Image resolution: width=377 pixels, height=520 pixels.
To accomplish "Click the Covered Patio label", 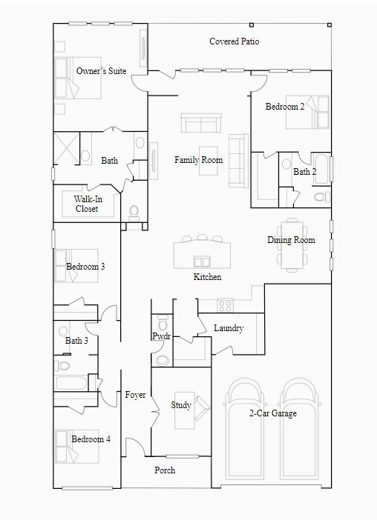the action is click(235, 41).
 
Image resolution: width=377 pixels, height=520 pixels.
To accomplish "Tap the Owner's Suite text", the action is click(102, 70).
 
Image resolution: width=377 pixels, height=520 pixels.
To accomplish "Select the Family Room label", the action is click(199, 160).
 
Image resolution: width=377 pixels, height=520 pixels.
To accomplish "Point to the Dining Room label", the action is click(292, 240).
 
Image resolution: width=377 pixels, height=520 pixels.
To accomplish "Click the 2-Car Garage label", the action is click(273, 413).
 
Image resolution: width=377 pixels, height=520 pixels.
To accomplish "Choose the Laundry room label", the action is click(229, 328).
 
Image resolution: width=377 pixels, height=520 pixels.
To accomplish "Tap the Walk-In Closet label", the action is click(88, 204).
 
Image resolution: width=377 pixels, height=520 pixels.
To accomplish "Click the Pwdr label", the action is click(162, 336).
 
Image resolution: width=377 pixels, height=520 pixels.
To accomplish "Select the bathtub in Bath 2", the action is click(321, 170).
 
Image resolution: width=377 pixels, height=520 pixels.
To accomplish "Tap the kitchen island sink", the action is click(202, 261).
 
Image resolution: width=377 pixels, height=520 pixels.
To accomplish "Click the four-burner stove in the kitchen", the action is click(225, 305).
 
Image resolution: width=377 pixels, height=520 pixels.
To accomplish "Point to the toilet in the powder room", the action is click(163, 323).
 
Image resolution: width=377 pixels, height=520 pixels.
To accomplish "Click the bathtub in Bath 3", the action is click(71, 383).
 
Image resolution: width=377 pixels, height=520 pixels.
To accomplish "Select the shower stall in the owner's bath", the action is click(67, 148).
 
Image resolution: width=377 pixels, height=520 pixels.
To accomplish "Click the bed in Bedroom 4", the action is click(77, 447).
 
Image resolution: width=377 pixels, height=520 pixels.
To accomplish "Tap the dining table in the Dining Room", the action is click(292, 244).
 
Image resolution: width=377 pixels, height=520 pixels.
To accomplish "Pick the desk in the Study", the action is click(184, 410).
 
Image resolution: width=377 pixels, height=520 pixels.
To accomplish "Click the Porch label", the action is click(165, 470).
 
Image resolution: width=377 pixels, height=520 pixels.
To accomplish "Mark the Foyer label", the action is click(135, 395).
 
